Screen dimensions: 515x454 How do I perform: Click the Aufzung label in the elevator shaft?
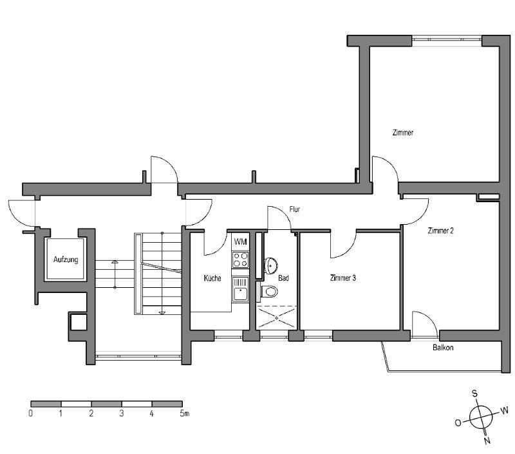point(66,260)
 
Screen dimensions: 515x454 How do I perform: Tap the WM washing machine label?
point(240,242)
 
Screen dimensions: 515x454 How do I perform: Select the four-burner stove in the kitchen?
point(240,260)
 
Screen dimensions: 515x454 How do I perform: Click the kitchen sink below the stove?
point(240,289)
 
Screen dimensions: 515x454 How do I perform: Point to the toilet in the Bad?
point(269,291)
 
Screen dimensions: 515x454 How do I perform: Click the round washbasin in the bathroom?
point(271,265)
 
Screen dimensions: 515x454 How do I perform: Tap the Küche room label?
point(212,278)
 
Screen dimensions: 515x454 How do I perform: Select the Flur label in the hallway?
point(295,209)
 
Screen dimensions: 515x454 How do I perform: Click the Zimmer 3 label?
point(343,278)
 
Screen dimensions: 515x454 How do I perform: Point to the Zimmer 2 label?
point(440,231)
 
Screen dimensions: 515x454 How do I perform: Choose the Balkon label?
point(443,347)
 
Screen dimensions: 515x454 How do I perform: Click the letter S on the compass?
point(475,393)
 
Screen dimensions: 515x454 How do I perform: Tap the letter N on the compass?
point(487,440)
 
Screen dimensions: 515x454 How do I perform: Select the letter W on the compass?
point(504,410)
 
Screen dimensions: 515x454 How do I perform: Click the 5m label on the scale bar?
point(185,413)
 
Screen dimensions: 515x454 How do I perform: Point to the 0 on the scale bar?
point(30,413)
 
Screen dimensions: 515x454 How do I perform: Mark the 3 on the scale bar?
point(122,413)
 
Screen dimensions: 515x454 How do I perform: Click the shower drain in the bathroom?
point(277,317)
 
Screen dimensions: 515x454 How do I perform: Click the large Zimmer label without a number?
point(403,133)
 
